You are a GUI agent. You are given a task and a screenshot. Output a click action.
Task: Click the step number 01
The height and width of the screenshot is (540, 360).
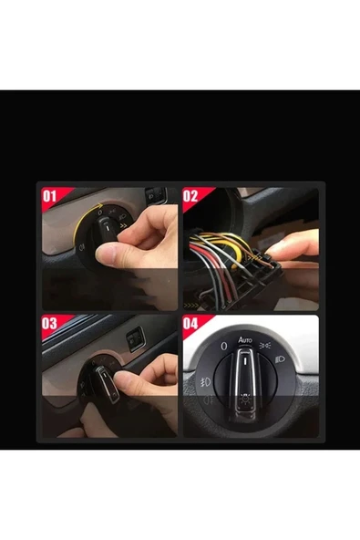(x=49, y=197)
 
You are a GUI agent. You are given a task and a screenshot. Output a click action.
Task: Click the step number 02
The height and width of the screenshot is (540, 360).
(x=190, y=196)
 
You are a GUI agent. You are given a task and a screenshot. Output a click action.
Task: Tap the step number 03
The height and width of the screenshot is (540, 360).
(x=49, y=324)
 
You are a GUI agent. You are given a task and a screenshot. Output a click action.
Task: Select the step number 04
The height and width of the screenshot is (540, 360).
(x=190, y=324)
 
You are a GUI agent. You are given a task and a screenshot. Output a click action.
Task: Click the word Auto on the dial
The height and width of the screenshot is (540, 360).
(x=245, y=340)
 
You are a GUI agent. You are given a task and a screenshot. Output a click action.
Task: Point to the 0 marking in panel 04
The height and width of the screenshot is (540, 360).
(x=224, y=346)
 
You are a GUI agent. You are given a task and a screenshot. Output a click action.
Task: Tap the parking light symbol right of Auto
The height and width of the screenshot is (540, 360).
(x=264, y=345)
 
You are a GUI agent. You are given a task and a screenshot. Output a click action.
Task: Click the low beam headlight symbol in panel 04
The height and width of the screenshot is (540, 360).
(x=280, y=360)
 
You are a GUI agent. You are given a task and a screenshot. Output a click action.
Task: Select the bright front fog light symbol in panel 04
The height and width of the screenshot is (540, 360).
(x=206, y=382)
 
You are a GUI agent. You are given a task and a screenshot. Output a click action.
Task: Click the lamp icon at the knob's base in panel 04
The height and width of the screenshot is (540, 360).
(x=244, y=400)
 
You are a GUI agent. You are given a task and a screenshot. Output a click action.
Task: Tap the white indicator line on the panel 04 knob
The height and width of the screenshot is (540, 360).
(x=245, y=361)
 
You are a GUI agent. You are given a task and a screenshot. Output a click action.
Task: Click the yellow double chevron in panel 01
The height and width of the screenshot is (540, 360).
(x=123, y=226)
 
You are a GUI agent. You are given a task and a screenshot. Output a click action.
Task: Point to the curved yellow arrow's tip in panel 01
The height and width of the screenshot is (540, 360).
(x=103, y=204)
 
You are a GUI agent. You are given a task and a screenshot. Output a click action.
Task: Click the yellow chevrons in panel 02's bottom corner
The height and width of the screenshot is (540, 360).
(x=190, y=306)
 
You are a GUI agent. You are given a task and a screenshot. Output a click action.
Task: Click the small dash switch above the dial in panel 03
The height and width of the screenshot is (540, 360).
(x=136, y=339)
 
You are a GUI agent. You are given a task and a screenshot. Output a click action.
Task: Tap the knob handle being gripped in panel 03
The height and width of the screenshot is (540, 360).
(x=107, y=383)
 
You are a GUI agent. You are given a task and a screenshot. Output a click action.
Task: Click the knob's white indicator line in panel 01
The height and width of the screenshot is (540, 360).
(x=107, y=228)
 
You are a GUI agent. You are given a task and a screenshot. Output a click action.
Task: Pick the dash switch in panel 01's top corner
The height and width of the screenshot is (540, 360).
(x=156, y=195)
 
